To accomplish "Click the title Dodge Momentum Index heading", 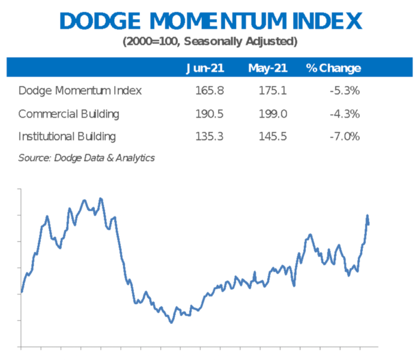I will click(x=211, y=21).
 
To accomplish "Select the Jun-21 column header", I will click(x=205, y=68).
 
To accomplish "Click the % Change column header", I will click(x=333, y=68).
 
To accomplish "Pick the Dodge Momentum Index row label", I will click(x=80, y=91).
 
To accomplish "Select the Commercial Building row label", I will click(x=68, y=114).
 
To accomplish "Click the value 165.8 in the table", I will click(x=210, y=91).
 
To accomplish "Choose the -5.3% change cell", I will click(x=345, y=91).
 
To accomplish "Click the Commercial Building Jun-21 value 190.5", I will click(x=210, y=114).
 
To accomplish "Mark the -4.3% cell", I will click(x=345, y=114).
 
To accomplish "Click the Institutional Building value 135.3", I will click(x=210, y=136).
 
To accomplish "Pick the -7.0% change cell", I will click(x=345, y=136).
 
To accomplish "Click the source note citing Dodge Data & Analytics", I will click(x=86, y=158).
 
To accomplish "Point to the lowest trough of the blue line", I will click(x=171, y=322).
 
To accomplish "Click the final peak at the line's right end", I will click(x=367, y=216).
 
